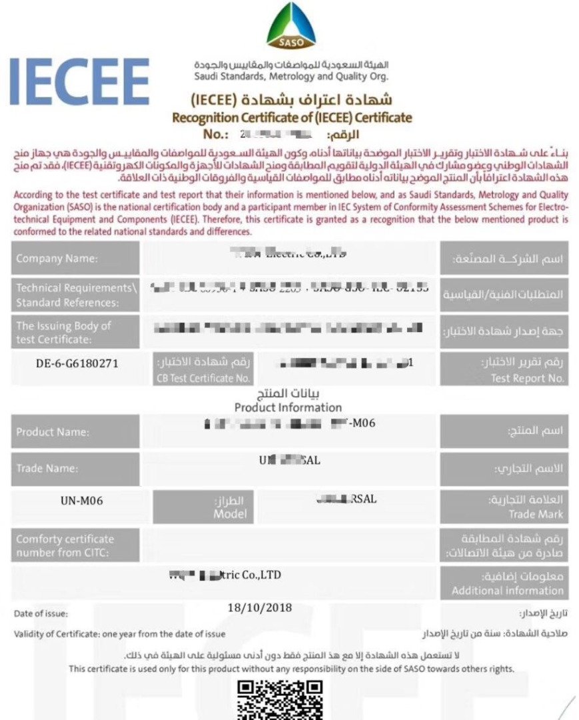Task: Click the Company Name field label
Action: click(57, 258)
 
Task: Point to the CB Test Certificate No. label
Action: click(204, 378)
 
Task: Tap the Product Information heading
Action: click(288, 407)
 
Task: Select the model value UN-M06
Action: click(81, 501)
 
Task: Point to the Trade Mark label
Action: click(535, 514)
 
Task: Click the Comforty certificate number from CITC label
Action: click(65, 545)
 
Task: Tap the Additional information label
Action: click(507, 590)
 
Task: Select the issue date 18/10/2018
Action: click(259, 607)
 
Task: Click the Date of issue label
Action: click(41, 613)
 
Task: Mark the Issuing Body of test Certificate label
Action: click(63, 331)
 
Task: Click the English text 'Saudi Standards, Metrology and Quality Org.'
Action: click(292, 77)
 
